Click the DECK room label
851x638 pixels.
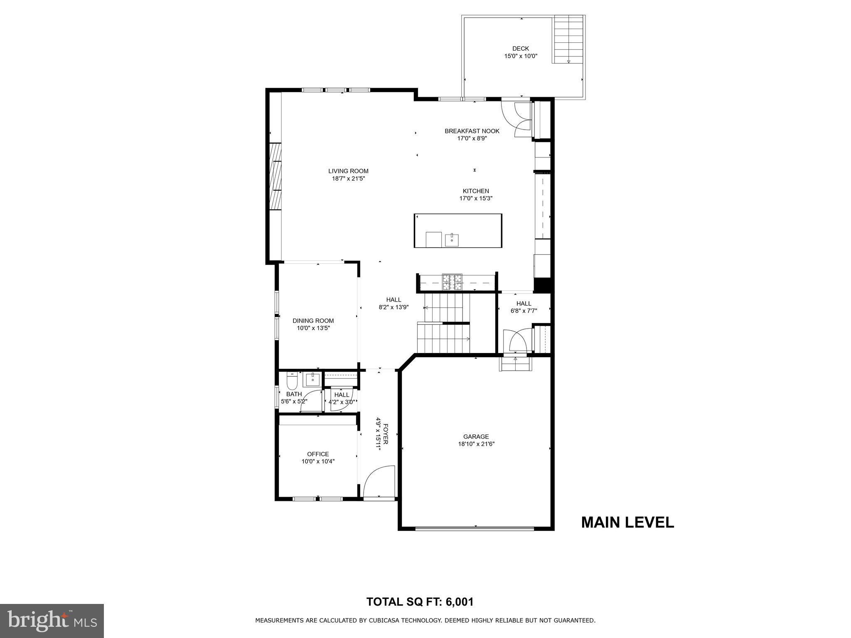[521, 49]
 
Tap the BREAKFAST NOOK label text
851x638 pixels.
[472, 131]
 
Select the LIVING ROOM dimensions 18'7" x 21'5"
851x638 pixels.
[348, 179]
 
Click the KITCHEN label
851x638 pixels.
[476, 191]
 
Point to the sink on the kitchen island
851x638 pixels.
[452, 240]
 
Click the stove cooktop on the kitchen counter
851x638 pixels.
[452, 282]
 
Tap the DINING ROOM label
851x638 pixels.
[313, 321]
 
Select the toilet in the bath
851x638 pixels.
[292, 380]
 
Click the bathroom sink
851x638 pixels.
[312, 379]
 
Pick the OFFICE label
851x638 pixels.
[318, 454]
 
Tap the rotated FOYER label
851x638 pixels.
[386, 434]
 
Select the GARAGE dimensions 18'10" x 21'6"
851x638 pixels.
[476, 444]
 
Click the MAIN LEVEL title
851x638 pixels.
[627, 522]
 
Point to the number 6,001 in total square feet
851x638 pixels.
[460, 602]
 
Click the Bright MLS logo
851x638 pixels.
[52, 621]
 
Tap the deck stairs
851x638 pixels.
[568, 39]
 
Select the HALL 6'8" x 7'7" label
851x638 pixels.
[524, 307]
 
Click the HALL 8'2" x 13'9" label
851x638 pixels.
[394, 304]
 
